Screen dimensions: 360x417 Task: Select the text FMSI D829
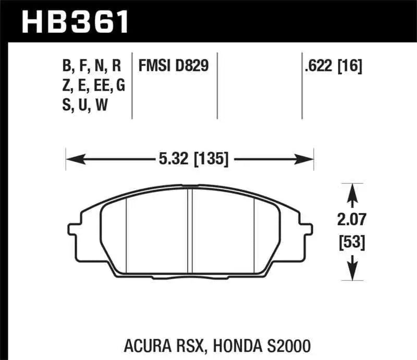[x=174, y=66]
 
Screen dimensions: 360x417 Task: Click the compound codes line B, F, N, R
[x=91, y=66]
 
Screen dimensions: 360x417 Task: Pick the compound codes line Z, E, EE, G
[x=93, y=86]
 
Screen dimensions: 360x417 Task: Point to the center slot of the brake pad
[x=190, y=229]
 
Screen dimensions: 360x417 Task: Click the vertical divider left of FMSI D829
[x=133, y=83]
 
